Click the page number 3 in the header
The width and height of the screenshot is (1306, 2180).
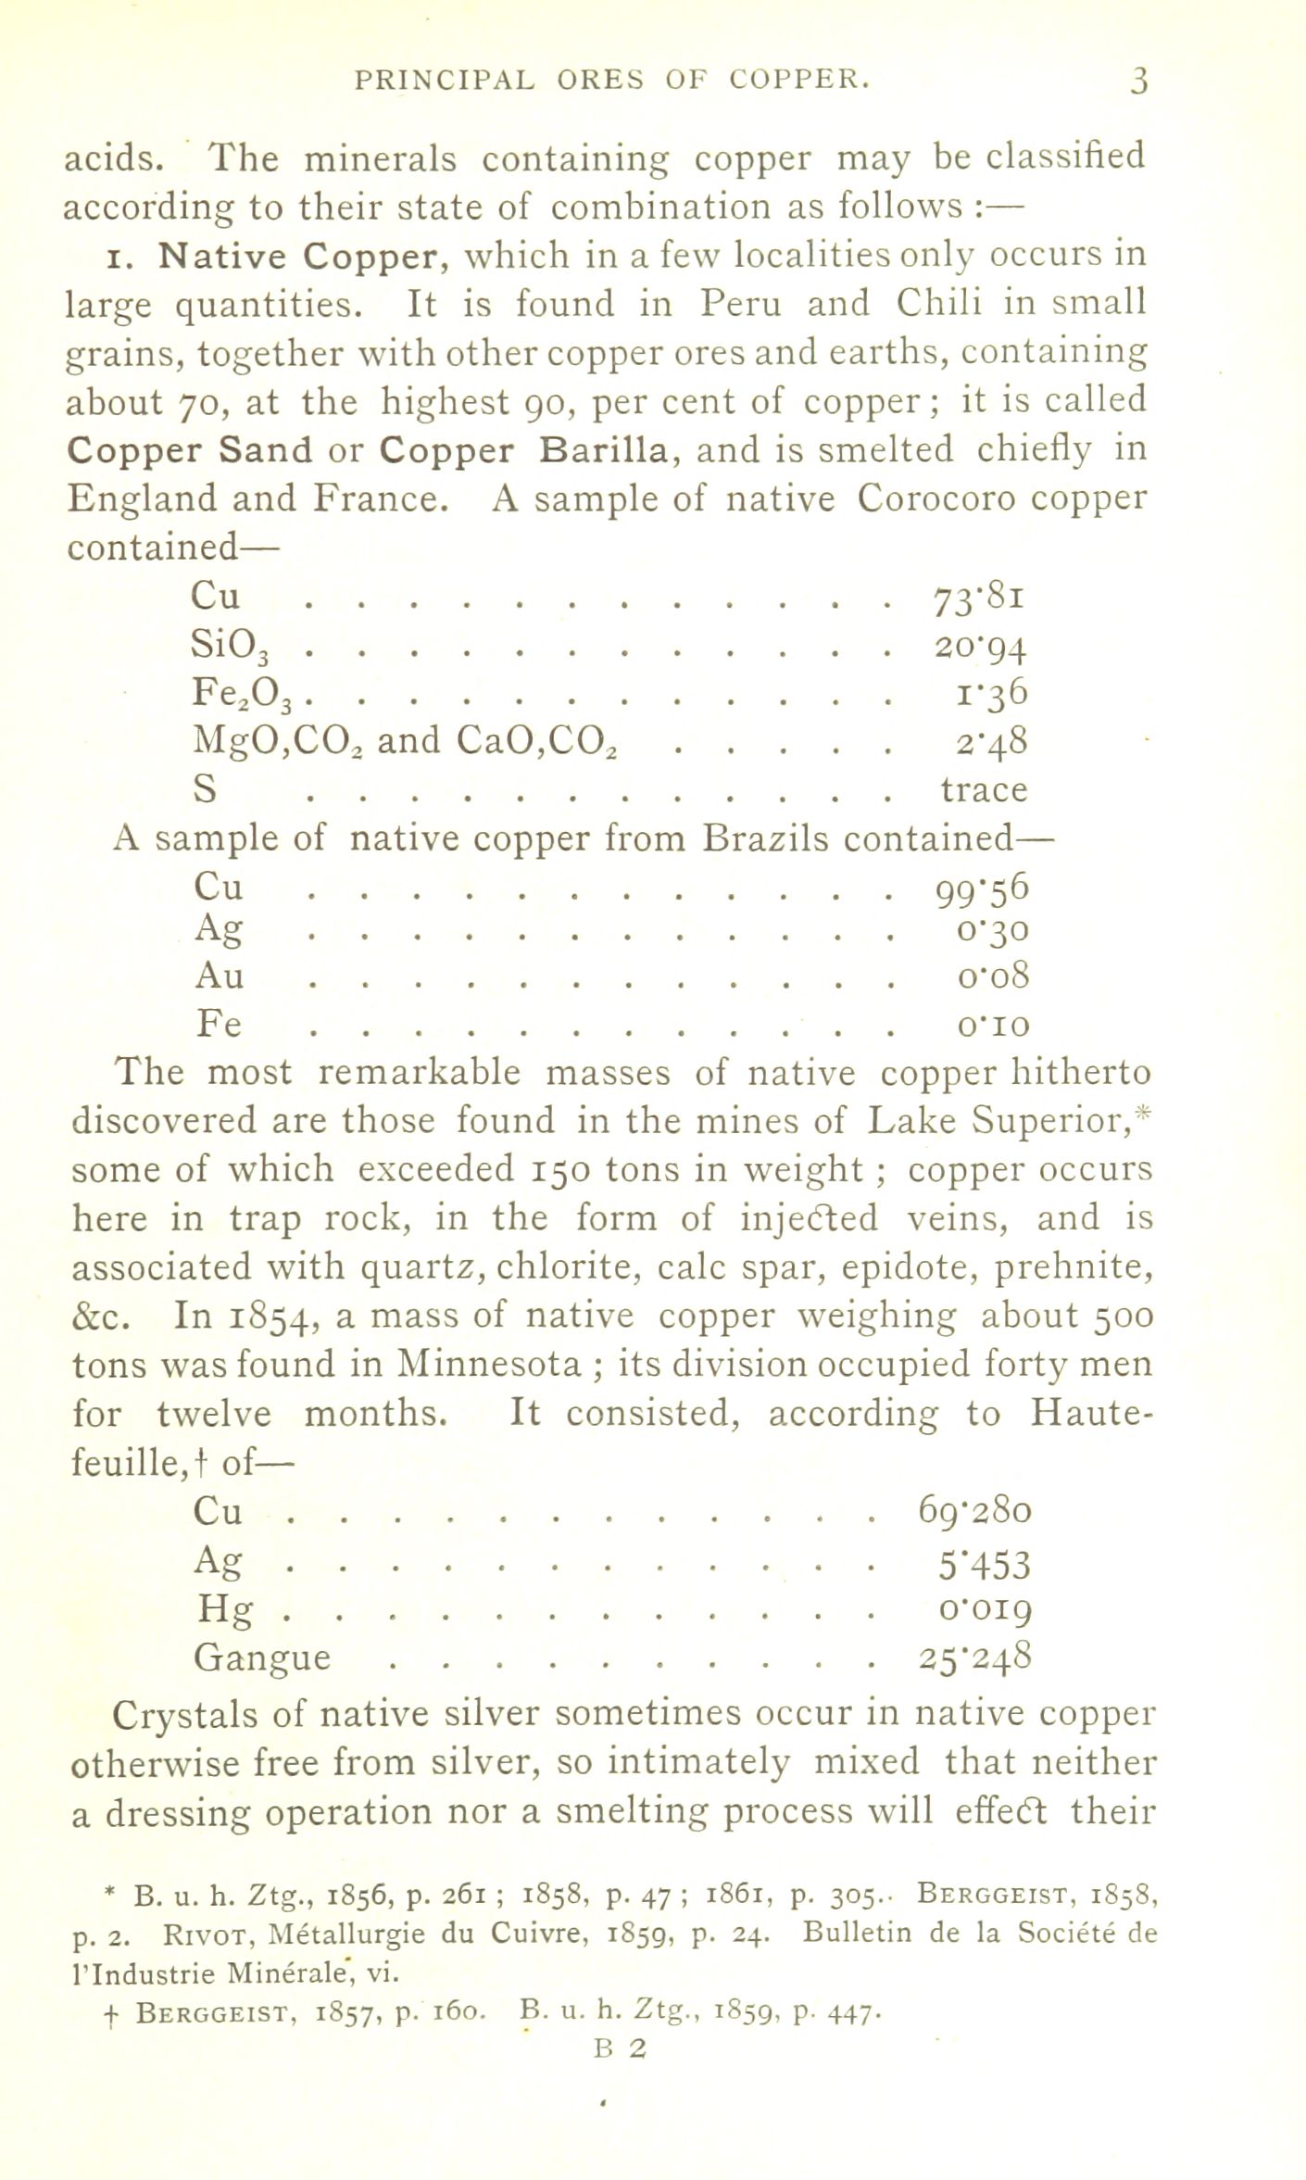pos(1138,82)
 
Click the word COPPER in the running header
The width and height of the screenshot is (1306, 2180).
pos(799,81)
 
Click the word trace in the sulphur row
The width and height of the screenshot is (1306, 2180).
pos(984,789)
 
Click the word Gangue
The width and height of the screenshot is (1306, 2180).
pos(262,1657)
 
